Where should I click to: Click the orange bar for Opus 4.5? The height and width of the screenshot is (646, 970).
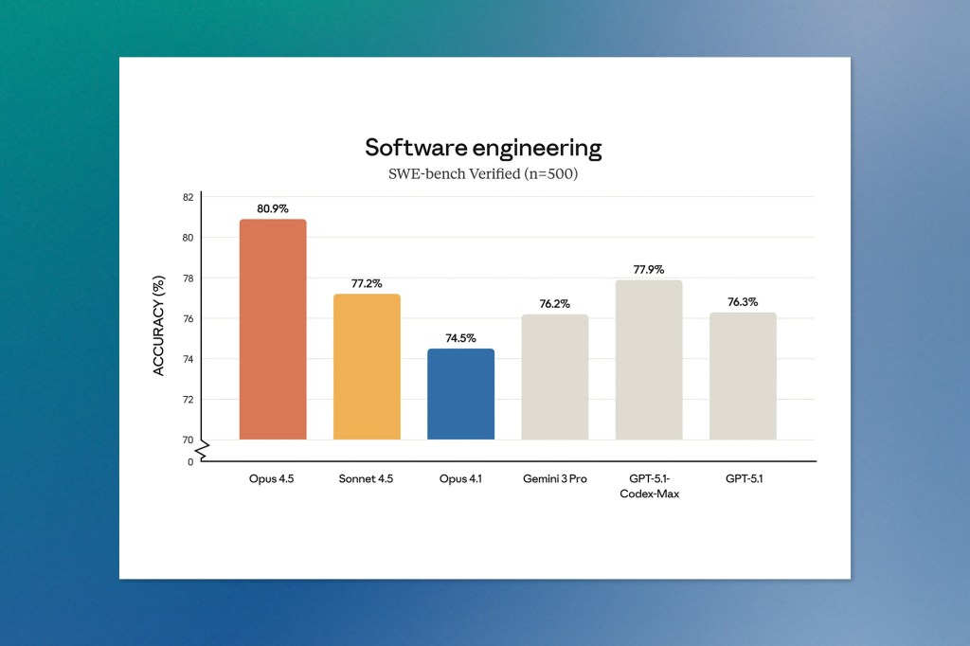pos(273,329)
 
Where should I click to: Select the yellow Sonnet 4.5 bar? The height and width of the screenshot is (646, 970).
pos(367,367)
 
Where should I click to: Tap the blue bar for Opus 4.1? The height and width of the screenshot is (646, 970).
pos(460,394)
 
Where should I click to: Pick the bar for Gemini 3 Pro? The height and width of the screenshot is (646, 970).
pos(554,377)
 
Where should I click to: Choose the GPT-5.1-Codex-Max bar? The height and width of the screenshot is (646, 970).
pos(649,360)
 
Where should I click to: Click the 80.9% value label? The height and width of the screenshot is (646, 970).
pos(273,208)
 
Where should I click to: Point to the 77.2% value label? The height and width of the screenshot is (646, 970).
pos(367,283)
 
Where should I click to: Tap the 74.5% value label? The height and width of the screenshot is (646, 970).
pos(460,338)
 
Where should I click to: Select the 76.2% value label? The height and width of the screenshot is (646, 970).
pos(554,304)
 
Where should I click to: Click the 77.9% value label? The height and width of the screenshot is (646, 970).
pos(649,270)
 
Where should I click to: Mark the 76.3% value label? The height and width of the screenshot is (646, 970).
pos(743,302)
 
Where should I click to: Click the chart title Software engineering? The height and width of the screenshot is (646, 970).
pos(483,148)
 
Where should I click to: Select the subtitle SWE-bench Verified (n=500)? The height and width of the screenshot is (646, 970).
pos(483,175)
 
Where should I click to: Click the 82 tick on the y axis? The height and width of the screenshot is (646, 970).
pos(188,197)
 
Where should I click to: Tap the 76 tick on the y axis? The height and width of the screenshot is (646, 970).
pos(188,318)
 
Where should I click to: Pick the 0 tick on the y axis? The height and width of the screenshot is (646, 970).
pos(190,461)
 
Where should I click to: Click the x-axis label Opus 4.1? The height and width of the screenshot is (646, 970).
pos(460,479)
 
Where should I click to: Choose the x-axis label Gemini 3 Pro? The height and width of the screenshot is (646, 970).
pos(554,479)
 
